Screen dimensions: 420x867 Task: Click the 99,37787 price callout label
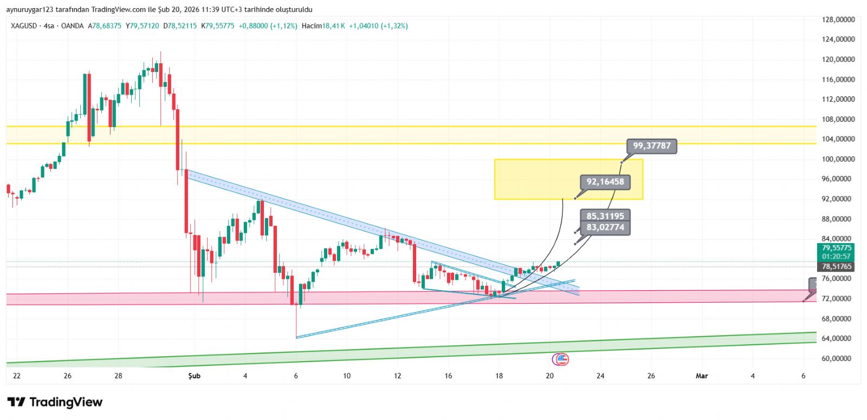pyautogui.click(x=652, y=146)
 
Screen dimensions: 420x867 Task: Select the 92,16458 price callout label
pyautogui.click(x=605, y=182)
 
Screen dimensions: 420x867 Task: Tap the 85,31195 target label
pyautogui.click(x=605, y=216)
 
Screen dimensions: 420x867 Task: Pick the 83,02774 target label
pyautogui.click(x=605, y=227)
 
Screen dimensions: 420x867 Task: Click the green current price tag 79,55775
pyautogui.click(x=837, y=248)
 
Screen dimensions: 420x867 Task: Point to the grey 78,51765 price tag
pyautogui.click(x=837, y=267)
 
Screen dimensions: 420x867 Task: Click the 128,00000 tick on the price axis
pyautogui.click(x=838, y=19)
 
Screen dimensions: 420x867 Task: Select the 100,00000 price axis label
pyautogui.click(x=838, y=159)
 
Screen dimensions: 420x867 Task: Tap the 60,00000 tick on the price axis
pyautogui.click(x=838, y=358)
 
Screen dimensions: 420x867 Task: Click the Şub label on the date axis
pyautogui.click(x=194, y=376)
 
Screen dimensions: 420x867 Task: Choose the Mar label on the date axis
pyautogui.click(x=702, y=376)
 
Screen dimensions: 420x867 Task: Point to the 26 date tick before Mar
pyautogui.click(x=651, y=376)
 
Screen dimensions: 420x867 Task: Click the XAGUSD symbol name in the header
pyautogui.click(x=24, y=26)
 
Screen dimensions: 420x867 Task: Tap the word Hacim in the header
pyautogui.click(x=312, y=26)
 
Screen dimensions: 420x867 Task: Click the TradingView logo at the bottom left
pyautogui.click(x=55, y=402)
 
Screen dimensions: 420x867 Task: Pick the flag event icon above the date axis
pyautogui.click(x=561, y=358)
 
